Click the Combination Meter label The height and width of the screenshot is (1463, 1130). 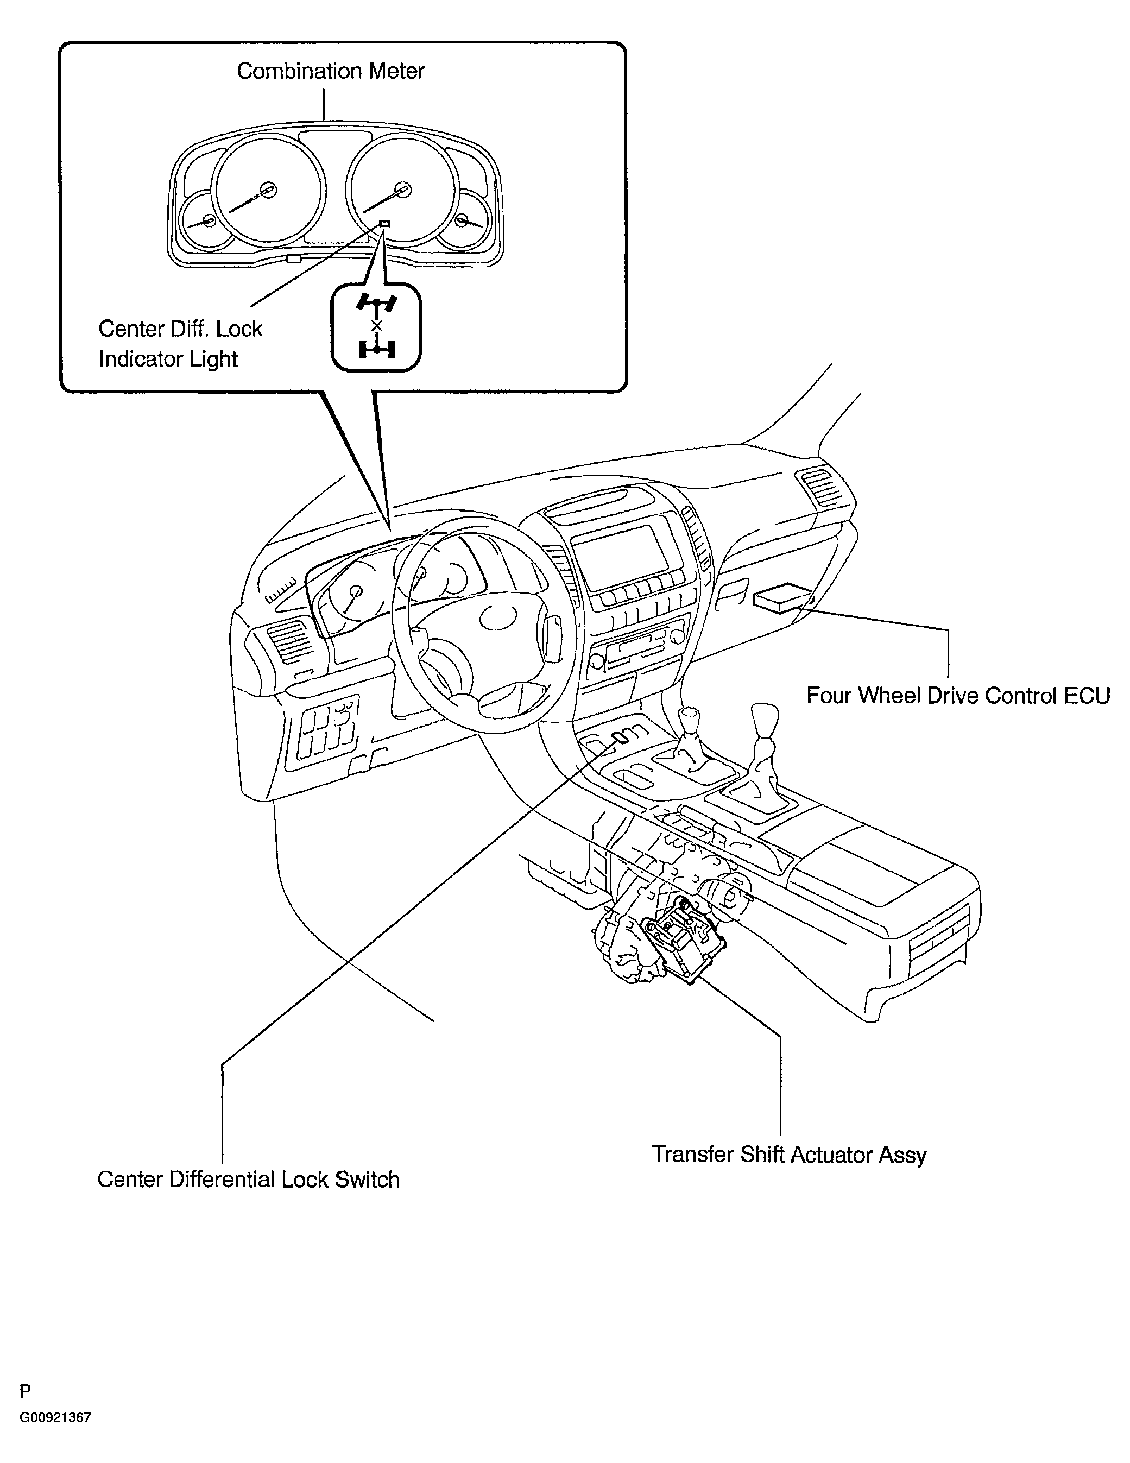[330, 71]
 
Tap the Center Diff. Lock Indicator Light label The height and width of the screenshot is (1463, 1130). [180, 344]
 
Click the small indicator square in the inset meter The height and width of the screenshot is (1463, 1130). [384, 223]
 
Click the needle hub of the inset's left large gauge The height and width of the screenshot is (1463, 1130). [269, 190]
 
